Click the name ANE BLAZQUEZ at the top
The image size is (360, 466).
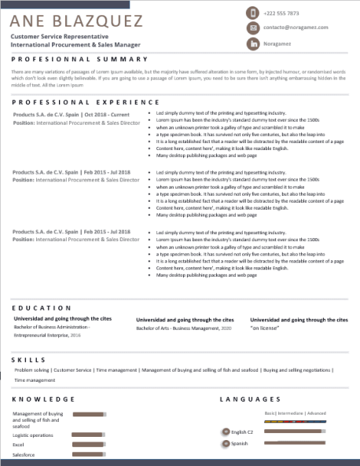point(77,20)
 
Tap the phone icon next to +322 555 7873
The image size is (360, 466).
point(252,13)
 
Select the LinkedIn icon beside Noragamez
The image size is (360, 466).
point(252,45)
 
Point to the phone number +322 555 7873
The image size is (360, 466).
point(281,13)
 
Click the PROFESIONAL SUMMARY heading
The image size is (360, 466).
point(79,59)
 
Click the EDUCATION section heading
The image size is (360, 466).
point(42,307)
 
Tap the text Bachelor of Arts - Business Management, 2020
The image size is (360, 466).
point(185,328)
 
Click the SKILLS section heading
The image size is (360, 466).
point(28,359)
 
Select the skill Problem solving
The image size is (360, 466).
point(31,369)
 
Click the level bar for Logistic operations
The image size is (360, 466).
point(88,435)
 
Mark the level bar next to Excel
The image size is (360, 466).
point(88,445)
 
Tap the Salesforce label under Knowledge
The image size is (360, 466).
point(24,454)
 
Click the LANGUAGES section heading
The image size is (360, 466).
point(250,399)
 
